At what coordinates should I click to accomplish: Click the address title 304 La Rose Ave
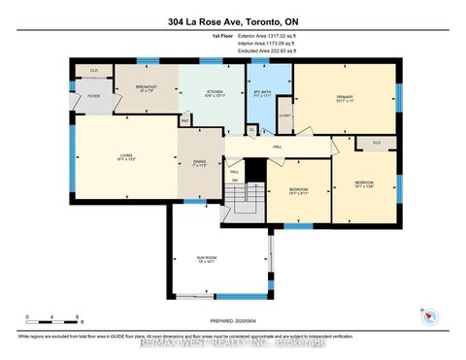233,19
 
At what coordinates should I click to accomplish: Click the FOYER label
94,96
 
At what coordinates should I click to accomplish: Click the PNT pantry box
184,121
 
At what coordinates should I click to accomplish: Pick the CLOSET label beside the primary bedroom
285,115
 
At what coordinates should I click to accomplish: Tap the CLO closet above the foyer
94,71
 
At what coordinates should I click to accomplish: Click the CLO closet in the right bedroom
375,143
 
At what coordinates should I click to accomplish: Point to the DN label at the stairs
234,180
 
